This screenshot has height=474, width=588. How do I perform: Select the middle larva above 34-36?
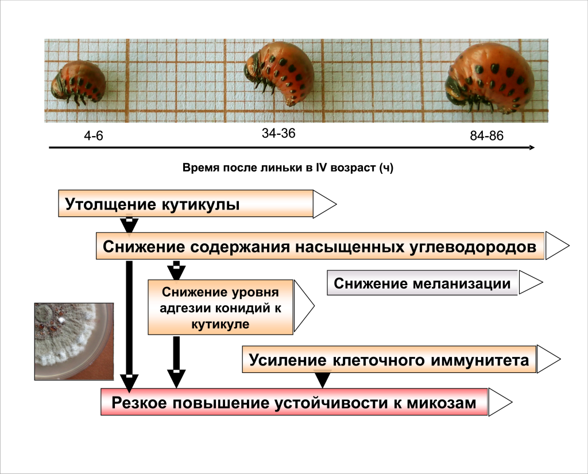tap(280, 73)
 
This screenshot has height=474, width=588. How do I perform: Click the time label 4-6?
tap(93, 137)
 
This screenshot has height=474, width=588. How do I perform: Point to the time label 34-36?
tap(278, 134)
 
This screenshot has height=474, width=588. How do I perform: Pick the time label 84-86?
tap(486, 137)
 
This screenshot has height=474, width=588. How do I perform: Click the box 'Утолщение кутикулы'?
tap(185, 204)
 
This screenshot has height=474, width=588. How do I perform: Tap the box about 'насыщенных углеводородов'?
tap(319, 246)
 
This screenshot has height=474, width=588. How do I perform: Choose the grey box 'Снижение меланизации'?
tap(422, 283)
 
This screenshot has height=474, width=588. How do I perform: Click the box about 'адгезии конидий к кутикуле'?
tap(221, 308)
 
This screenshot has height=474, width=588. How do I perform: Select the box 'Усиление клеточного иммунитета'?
tap(389, 360)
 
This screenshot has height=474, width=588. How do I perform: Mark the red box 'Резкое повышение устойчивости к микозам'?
tap(294, 402)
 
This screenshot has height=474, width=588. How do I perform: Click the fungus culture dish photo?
tap(73, 341)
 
